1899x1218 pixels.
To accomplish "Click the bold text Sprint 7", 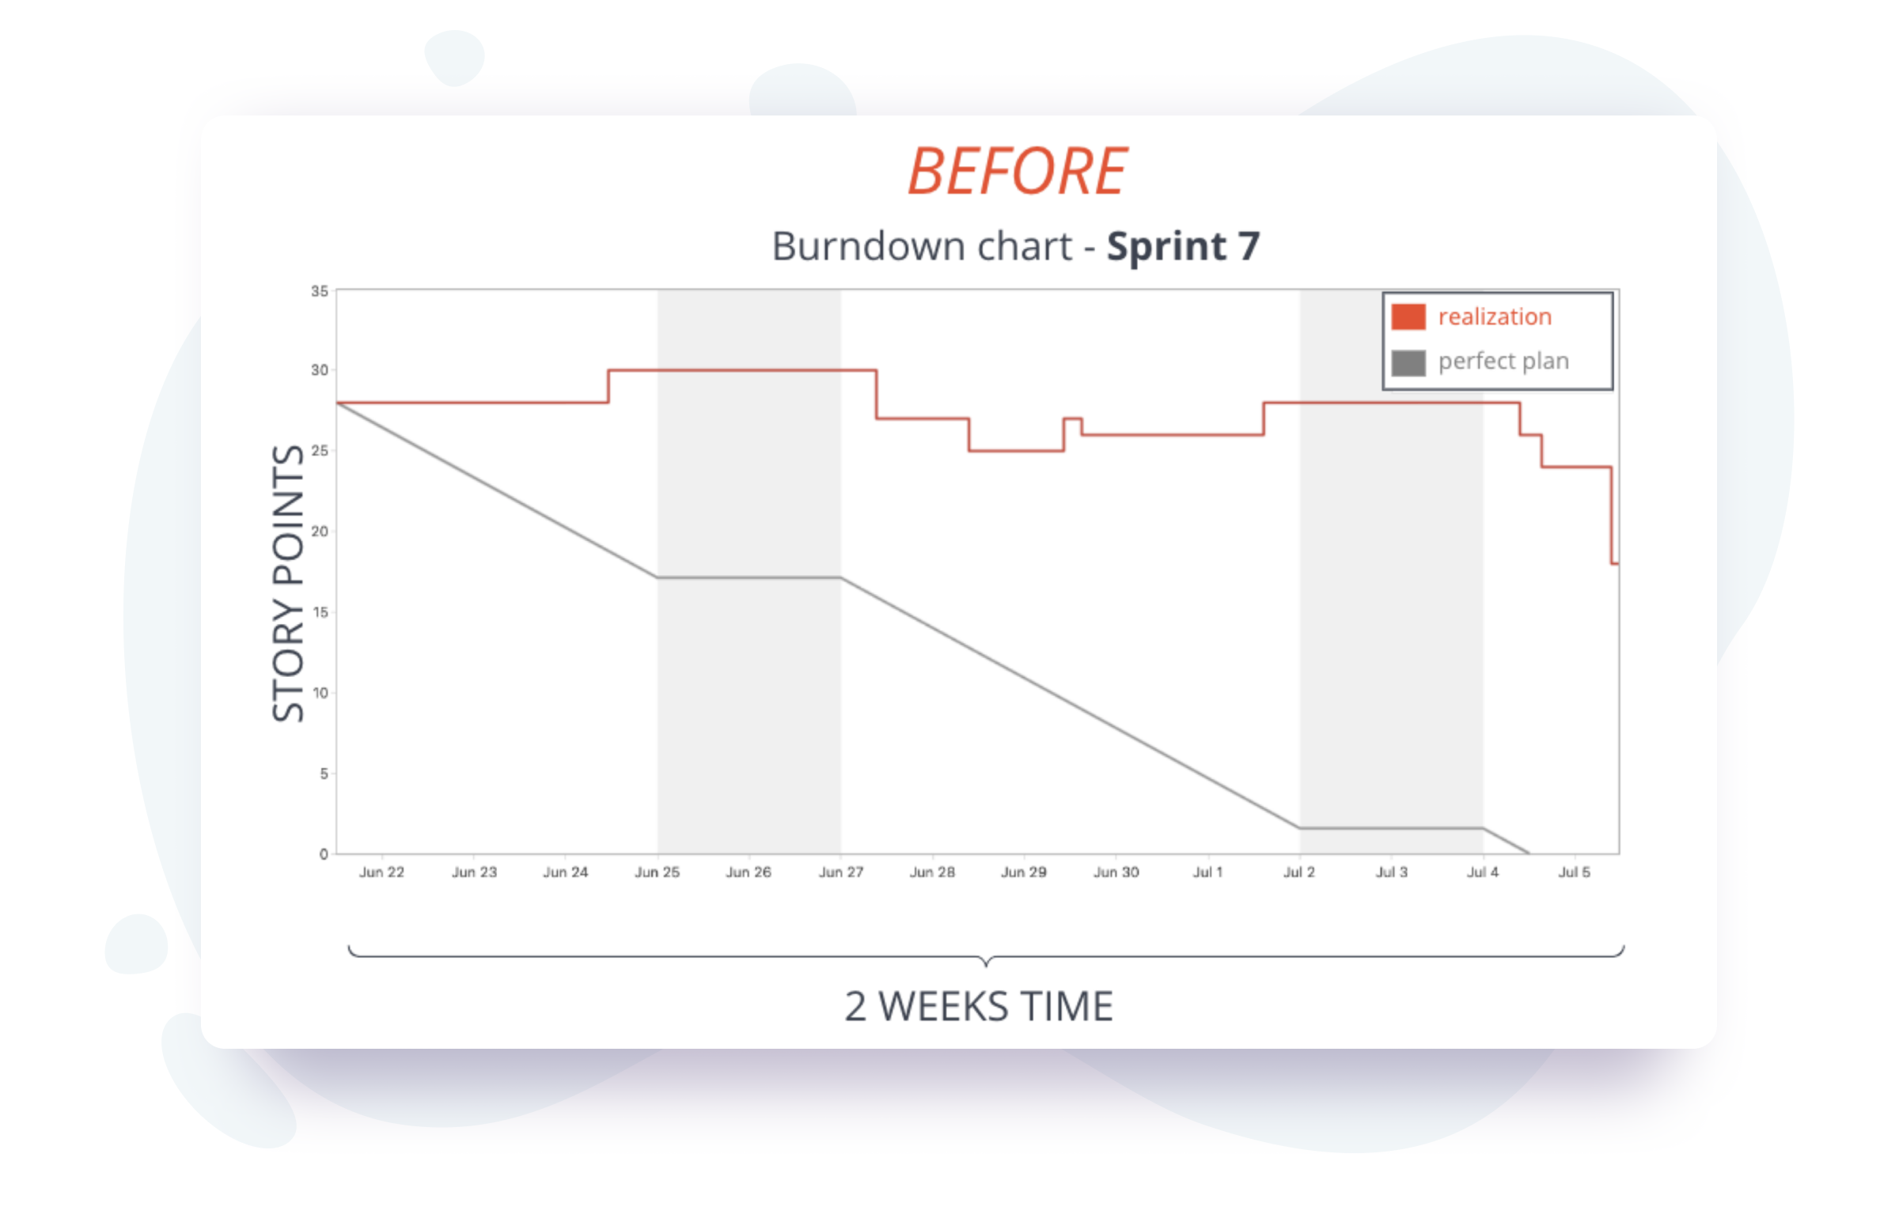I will pyautogui.click(x=1182, y=246).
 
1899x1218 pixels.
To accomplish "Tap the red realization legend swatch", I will pyautogui.click(x=1408, y=316).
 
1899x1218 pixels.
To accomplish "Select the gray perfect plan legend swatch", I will pyautogui.click(x=1408, y=362).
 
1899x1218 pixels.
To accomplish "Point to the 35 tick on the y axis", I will pyautogui.click(x=319, y=291).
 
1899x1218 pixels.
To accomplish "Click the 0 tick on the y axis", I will pyautogui.click(x=323, y=853).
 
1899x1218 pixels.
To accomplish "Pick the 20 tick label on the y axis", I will pyautogui.click(x=319, y=531).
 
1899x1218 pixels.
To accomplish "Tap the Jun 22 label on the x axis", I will pyautogui.click(x=381, y=872).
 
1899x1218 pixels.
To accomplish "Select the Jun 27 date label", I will pyautogui.click(x=840, y=872).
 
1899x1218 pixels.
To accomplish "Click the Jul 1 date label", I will pyautogui.click(x=1207, y=872).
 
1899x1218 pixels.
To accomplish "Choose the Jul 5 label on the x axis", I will pyautogui.click(x=1574, y=872).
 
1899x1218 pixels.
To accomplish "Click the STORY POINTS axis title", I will pyautogui.click(x=288, y=583).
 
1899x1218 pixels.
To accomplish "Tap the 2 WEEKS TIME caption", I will pyautogui.click(x=978, y=1006).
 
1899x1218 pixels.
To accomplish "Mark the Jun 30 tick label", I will pyautogui.click(x=1116, y=872).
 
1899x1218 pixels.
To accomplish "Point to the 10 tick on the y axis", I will pyautogui.click(x=319, y=693).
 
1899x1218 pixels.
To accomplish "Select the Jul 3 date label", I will pyautogui.click(x=1391, y=872).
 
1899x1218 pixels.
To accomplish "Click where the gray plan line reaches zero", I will pyautogui.click(x=1529, y=853).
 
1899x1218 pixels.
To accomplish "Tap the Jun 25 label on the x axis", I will pyautogui.click(x=657, y=872).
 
